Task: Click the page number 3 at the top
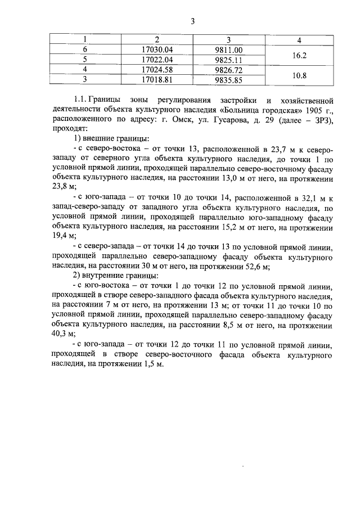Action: point(192,22)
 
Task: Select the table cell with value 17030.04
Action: point(157,49)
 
